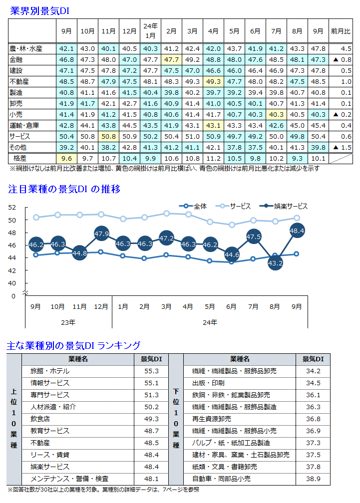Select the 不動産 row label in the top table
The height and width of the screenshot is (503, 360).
19,81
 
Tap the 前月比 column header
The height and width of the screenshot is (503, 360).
341,31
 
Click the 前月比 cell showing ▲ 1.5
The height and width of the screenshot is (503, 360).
341,147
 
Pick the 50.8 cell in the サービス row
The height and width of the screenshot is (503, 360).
108,136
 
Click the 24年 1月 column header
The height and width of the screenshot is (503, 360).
150,30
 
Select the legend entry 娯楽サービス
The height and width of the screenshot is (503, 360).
285,206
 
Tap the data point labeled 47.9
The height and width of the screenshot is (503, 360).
101,233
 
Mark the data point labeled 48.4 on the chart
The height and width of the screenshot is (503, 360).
297,231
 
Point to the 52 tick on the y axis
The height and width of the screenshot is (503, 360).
12,208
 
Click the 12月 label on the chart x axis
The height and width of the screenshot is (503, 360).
101,306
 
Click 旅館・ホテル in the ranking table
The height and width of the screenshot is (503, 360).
50,371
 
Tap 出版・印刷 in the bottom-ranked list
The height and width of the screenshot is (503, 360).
208,383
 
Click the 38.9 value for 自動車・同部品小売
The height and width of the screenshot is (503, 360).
313,479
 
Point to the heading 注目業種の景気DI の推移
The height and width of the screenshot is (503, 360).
64,190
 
